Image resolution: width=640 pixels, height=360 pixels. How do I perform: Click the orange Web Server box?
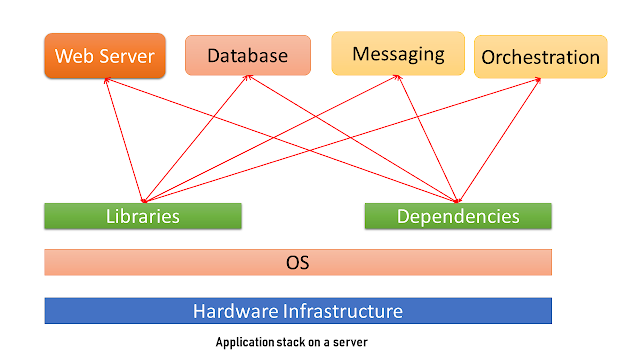click(x=105, y=56)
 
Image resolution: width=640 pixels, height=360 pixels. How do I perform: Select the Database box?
click(x=247, y=56)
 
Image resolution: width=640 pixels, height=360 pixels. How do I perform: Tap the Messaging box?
click(x=399, y=53)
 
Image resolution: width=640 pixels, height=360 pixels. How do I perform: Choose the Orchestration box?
click(x=540, y=57)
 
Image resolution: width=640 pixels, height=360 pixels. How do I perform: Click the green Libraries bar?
click(x=143, y=216)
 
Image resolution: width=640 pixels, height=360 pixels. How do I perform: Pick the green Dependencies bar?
click(x=458, y=216)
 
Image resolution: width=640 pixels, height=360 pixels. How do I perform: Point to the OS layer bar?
click(x=298, y=263)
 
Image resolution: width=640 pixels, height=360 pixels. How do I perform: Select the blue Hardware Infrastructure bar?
click(x=298, y=310)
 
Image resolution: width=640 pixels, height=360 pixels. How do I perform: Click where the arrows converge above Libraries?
click(x=145, y=200)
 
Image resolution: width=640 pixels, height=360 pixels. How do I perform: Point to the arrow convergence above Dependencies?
click(x=459, y=200)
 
